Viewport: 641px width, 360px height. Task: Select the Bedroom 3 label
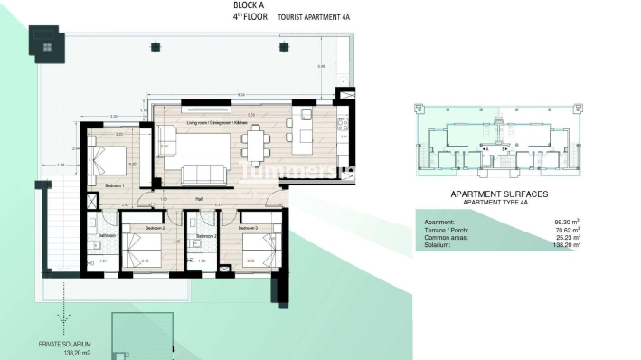pos(250,229)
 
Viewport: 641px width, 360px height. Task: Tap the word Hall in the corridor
pos(197,198)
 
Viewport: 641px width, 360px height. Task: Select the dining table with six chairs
pos(257,139)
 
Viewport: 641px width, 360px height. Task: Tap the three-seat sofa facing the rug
pos(203,173)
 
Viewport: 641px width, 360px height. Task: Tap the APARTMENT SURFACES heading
pos(498,194)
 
